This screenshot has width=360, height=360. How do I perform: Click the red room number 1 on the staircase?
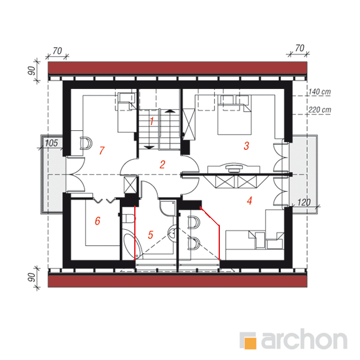click(x=152, y=121)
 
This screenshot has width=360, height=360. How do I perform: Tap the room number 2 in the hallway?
click(x=162, y=164)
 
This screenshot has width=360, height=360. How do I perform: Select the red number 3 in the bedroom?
click(x=246, y=146)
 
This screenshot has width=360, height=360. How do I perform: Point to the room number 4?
click(x=249, y=201)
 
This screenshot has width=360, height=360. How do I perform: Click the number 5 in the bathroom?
click(x=151, y=235)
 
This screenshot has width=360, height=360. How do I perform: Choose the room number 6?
click(x=98, y=221)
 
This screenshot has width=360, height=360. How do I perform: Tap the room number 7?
click(x=101, y=151)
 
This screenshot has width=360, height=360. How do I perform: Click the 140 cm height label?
click(x=319, y=92)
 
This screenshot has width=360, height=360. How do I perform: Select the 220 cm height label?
click(x=319, y=110)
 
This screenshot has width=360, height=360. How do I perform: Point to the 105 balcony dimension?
click(x=51, y=143)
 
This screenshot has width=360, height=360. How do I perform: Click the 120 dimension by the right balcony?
click(x=304, y=202)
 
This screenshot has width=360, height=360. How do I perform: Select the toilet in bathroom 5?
click(x=128, y=219)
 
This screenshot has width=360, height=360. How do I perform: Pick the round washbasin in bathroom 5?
click(x=171, y=233)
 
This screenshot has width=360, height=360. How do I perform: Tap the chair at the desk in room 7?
click(x=86, y=143)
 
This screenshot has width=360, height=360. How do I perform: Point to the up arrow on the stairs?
click(x=170, y=111)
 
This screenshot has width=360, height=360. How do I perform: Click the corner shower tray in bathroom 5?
click(x=167, y=207)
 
